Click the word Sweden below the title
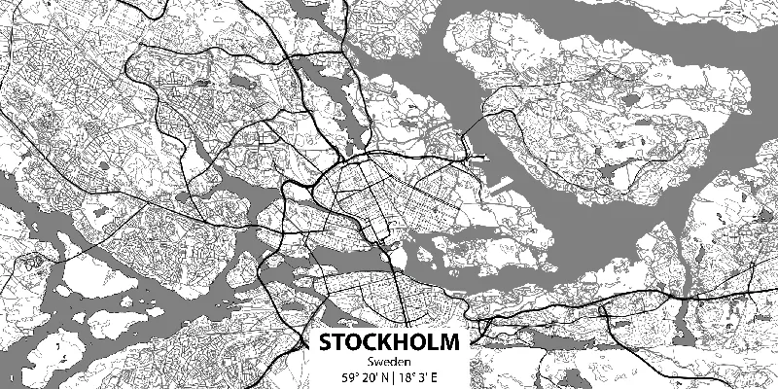389,362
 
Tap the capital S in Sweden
371,362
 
